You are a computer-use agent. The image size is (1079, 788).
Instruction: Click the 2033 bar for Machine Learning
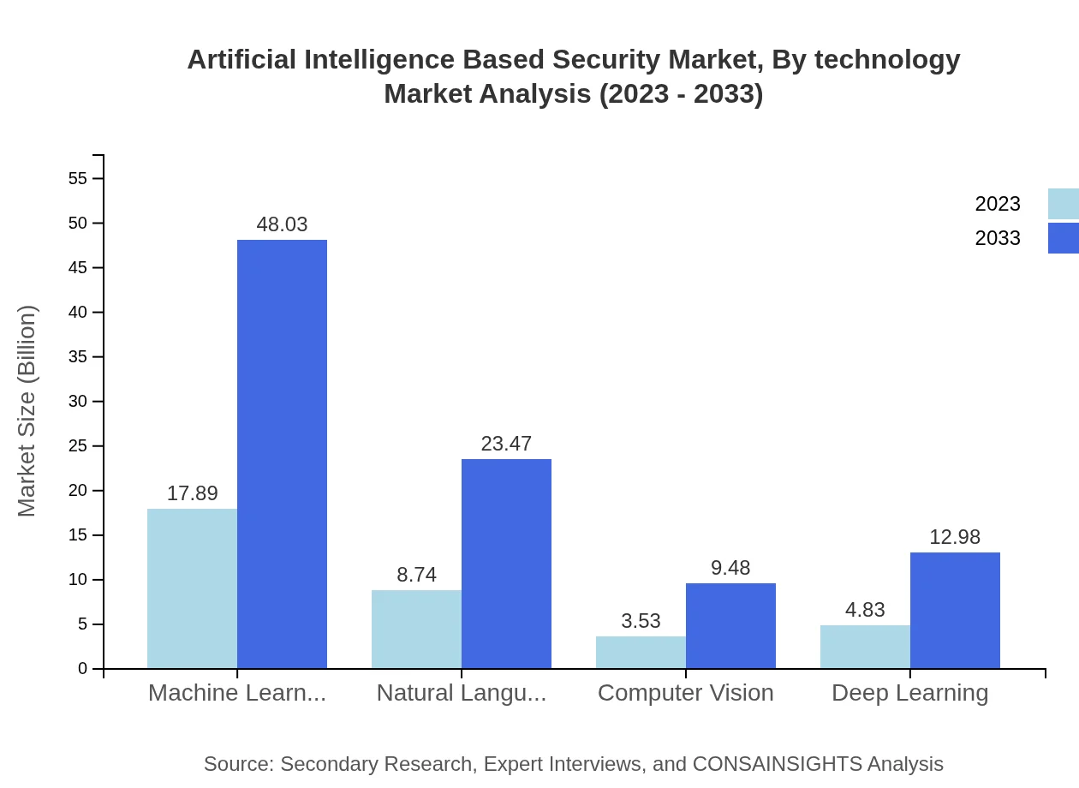click(x=282, y=454)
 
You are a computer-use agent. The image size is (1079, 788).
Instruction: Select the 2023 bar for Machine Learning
click(x=192, y=588)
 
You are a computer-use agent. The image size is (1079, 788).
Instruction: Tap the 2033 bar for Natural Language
click(x=506, y=564)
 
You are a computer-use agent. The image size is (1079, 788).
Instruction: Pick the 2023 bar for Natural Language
click(x=416, y=629)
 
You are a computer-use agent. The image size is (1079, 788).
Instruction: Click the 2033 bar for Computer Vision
click(x=730, y=625)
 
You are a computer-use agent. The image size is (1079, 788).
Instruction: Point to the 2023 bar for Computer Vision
click(x=641, y=652)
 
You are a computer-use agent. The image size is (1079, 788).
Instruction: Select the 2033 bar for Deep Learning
click(x=955, y=610)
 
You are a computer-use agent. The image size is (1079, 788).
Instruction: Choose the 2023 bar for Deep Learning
click(x=865, y=647)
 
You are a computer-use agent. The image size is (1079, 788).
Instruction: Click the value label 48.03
click(x=282, y=224)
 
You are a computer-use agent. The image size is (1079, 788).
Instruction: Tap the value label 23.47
click(x=506, y=444)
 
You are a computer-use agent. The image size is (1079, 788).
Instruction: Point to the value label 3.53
click(x=641, y=621)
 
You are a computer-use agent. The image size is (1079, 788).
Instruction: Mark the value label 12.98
click(x=955, y=537)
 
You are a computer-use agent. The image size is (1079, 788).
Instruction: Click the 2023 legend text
click(x=998, y=204)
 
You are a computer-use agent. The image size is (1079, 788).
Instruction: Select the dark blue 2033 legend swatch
click(x=1063, y=238)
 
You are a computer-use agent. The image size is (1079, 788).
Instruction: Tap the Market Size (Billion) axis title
click(x=27, y=411)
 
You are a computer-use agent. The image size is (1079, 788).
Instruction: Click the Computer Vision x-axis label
click(x=685, y=692)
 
